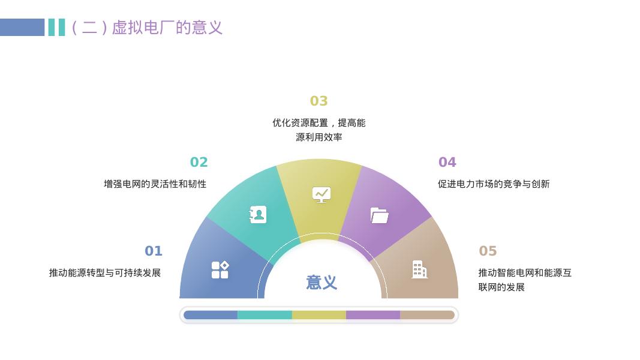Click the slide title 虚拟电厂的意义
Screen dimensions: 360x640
[x=147, y=28]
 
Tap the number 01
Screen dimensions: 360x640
[x=154, y=251]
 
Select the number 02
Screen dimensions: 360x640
[x=199, y=162]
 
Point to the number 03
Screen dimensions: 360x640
[x=319, y=101]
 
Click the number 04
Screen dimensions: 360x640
[x=447, y=162]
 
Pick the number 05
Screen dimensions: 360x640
[x=488, y=251]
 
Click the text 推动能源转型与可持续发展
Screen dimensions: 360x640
[x=105, y=273]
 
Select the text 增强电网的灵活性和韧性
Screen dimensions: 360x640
[x=155, y=184]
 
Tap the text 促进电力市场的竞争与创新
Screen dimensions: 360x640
[x=493, y=184]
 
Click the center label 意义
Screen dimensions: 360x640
[x=321, y=283]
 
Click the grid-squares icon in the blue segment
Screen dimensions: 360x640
[x=220, y=270]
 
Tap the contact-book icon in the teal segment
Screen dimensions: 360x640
[x=258, y=214]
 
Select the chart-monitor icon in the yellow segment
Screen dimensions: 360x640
[x=321, y=194]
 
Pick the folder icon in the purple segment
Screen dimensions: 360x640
[x=379, y=215]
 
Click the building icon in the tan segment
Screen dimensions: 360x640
[x=419, y=269]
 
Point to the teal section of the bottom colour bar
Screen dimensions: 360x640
[x=265, y=315]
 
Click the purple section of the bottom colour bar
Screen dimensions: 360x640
[x=372, y=315]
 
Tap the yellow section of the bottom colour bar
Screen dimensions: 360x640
[x=319, y=315]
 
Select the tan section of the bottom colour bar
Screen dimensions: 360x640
[x=427, y=315]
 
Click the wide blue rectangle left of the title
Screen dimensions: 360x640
[x=22, y=28]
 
